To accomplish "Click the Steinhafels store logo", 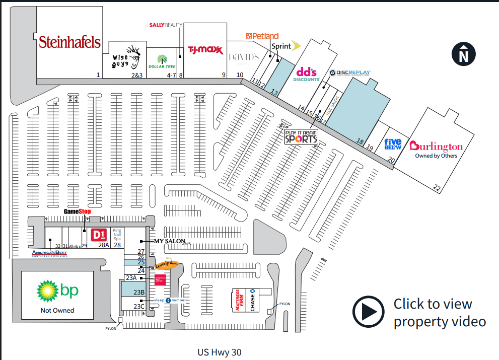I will tap(69, 42).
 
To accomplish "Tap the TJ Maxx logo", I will tap(205, 49).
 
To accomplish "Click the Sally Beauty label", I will tap(166, 25).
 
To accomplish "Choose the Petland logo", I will tap(262, 36).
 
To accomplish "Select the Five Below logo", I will tap(393, 145).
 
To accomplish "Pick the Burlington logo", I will tap(436, 147).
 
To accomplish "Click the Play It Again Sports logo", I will tap(301, 136).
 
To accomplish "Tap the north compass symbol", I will tap(463, 54).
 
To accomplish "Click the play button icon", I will tap(369, 312).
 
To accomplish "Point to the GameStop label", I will tap(77, 211).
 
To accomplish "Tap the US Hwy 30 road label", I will tap(220, 352).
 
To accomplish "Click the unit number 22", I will tap(437, 188).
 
